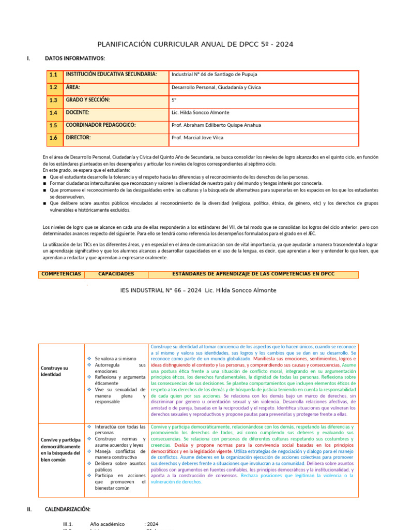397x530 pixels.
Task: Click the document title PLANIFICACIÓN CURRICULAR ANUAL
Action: click(x=195, y=45)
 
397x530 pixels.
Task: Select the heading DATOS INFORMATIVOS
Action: click(x=75, y=58)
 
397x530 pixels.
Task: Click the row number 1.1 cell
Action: click(x=53, y=75)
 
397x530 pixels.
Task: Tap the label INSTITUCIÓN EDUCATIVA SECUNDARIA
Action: click(x=111, y=75)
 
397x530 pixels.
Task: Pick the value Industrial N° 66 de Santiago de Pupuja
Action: click(x=214, y=75)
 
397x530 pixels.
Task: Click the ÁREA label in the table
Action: click(x=73, y=87)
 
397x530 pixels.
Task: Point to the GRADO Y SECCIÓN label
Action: click(x=88, y=100)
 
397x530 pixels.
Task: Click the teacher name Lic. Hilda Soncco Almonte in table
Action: click(x=200, y=112)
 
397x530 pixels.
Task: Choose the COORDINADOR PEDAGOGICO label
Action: click(x=101, y=125)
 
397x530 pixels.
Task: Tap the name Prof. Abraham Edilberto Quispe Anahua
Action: click(x=216, y=125)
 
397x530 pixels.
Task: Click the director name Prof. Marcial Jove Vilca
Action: click(x=198, y=138)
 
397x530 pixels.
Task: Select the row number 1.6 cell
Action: click(x=53, y=138)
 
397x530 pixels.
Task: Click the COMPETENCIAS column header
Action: click(x=61, y=274)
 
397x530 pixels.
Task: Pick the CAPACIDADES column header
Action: click(x=116, y=274)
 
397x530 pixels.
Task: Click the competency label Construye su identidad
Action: click(x=54, y=371)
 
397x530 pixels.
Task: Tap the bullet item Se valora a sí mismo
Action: click(x=115, y=358)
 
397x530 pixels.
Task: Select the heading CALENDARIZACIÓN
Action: click(x=68, y=509)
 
